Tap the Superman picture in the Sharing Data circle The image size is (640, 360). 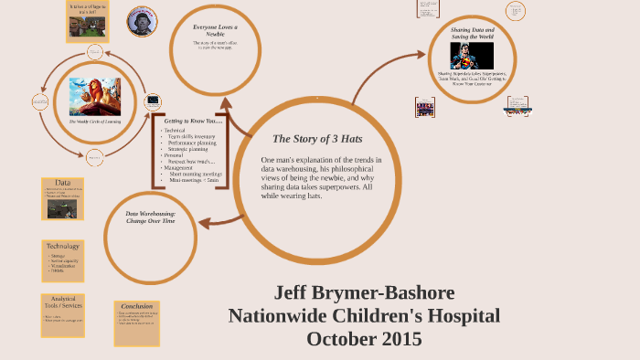click(472, 56)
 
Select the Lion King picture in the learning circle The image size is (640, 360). click(96, 96)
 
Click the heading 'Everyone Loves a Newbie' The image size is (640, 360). click(215, 31)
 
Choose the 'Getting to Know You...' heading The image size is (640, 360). click(194, 121)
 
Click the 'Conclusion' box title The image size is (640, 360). click(137, 306)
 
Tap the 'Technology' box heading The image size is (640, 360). click(63, 246)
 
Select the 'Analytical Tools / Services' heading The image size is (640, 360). click(63, 303)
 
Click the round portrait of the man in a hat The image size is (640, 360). click(142, 22)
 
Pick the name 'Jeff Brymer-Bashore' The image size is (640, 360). click(364, 293)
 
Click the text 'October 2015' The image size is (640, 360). click(364, 338)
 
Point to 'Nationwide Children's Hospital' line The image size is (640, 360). click(364, 316)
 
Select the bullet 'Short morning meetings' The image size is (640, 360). click(195, 175)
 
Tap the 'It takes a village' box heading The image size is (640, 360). click(89, 7)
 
